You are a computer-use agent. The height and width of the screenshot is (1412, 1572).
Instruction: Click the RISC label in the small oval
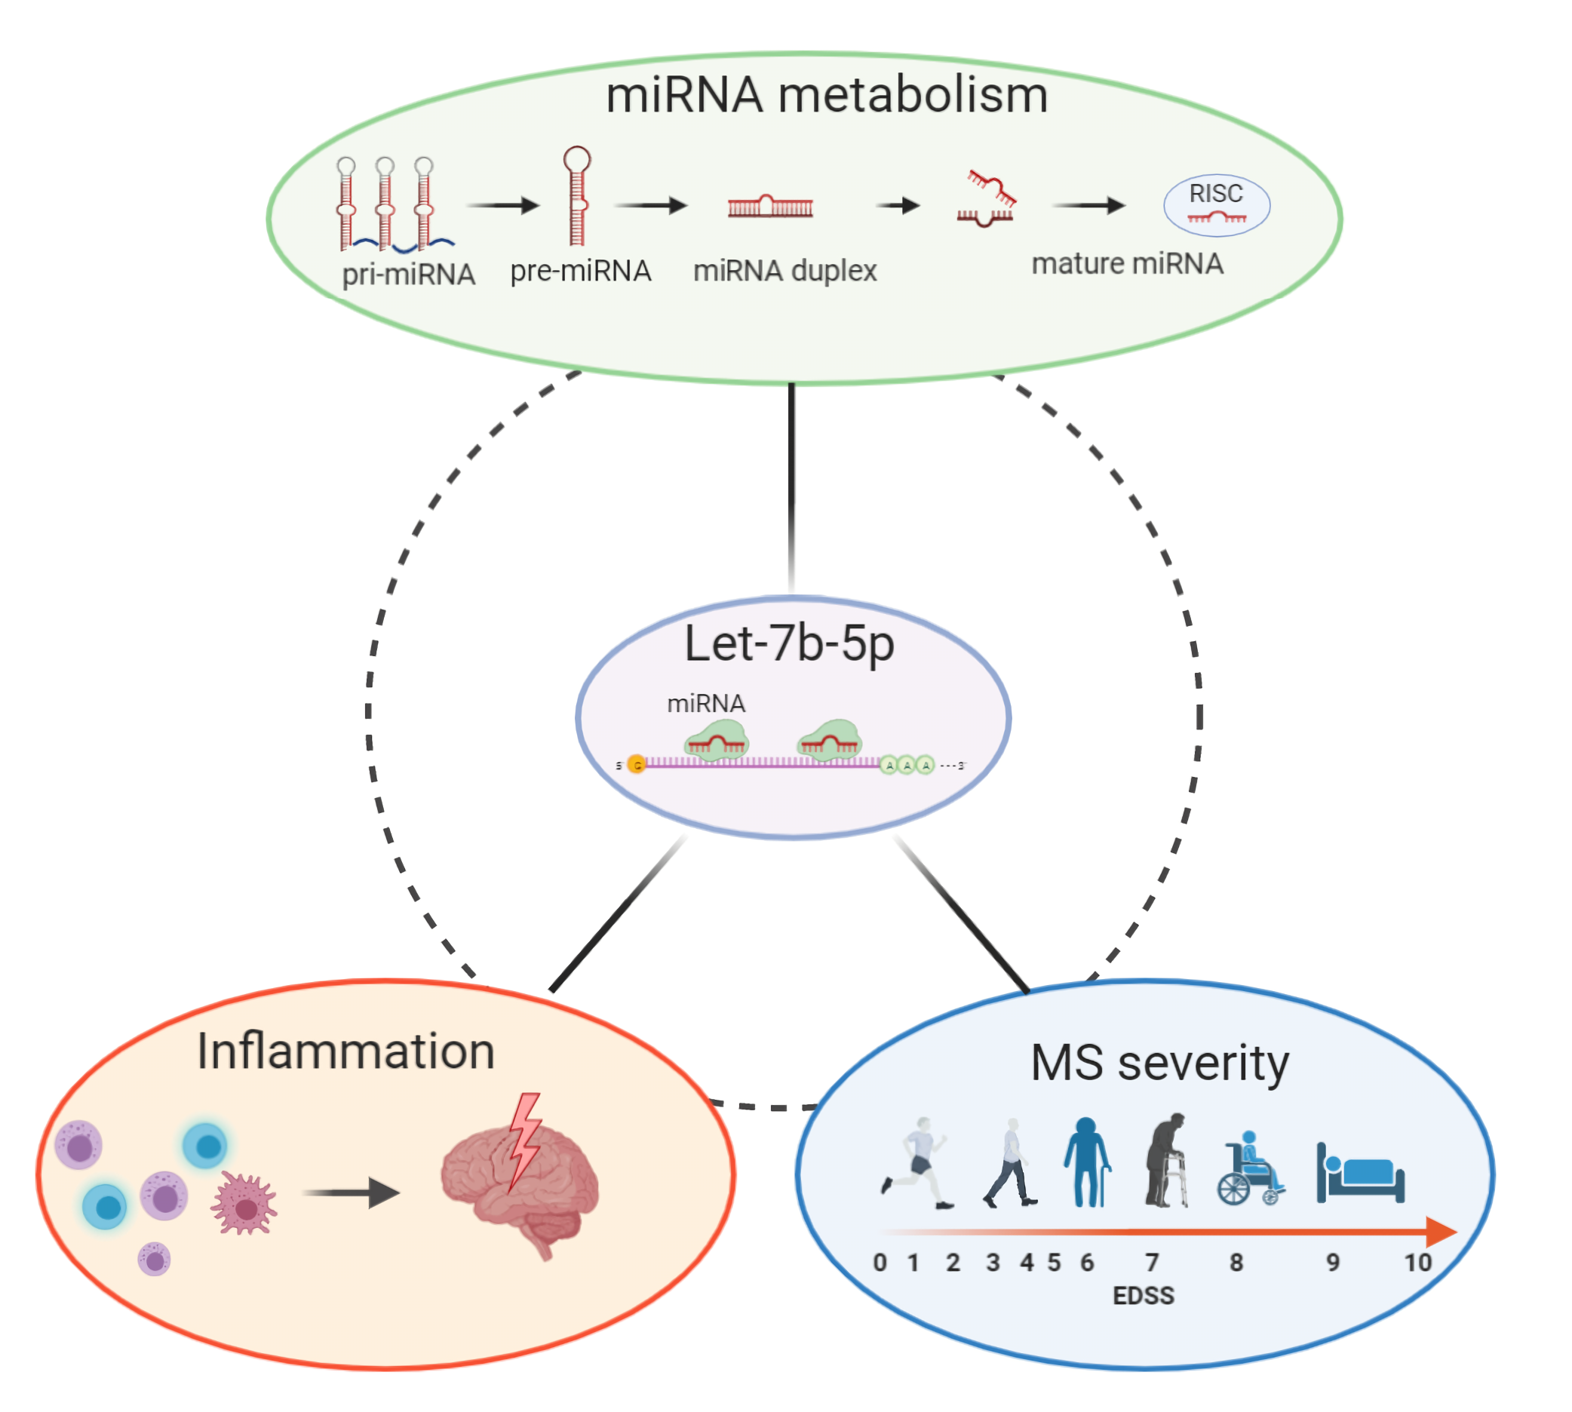pyautogui.click(x=1215, y=193)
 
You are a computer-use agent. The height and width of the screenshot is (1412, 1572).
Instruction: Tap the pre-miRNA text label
pyautogui.click(x=580, y=271)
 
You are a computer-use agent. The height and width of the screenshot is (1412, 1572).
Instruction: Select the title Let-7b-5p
pyautogui.click(x=789, y=643)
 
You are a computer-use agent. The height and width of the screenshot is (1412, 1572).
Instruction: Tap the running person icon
pyautogui.click(x=917, y=1162)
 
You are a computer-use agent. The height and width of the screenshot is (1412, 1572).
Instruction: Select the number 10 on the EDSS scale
pyautogui.click(x=1417, y=1262)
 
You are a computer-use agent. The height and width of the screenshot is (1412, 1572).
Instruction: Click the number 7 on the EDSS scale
pyautogui.click(x=1153, y=1262)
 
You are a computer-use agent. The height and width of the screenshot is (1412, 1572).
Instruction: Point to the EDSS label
pyautogui.click(x=1143, y=1295)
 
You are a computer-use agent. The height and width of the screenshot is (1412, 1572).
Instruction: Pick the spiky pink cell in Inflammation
pyautogui.click(x=244, y=1203)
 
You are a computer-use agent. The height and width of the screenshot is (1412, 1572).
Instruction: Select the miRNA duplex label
pyautogui.click(x=784, y=271)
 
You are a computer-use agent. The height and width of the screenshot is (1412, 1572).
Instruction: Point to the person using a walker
pyautogui.click(x=1166, y=1162)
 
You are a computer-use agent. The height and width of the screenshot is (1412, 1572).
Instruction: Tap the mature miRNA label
pyautogui.click(x=1127, y=264)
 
